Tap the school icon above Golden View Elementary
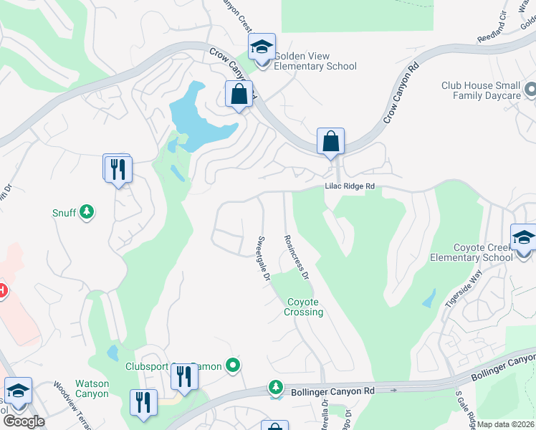coord(262,49)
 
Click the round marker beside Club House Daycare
coord(530,90)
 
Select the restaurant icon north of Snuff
coord(118,170)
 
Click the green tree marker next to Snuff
coord(87,211)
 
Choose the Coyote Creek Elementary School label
coord(471,252)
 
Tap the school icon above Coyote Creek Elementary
coord(522,237)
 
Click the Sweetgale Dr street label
coord(262,258)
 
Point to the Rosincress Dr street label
coord(295,257)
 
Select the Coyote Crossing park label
coord(305,307)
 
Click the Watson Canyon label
coord(93,388)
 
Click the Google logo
coord(23,421)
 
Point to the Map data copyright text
coord(505,424)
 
